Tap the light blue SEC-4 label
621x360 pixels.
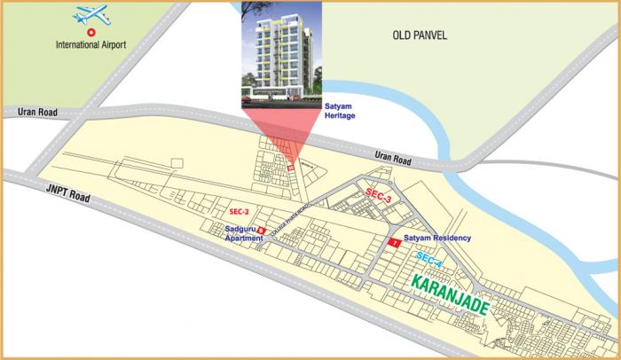coord(428,261)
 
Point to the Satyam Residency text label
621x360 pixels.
coord(436,239)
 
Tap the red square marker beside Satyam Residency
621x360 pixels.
coord(392,240)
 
